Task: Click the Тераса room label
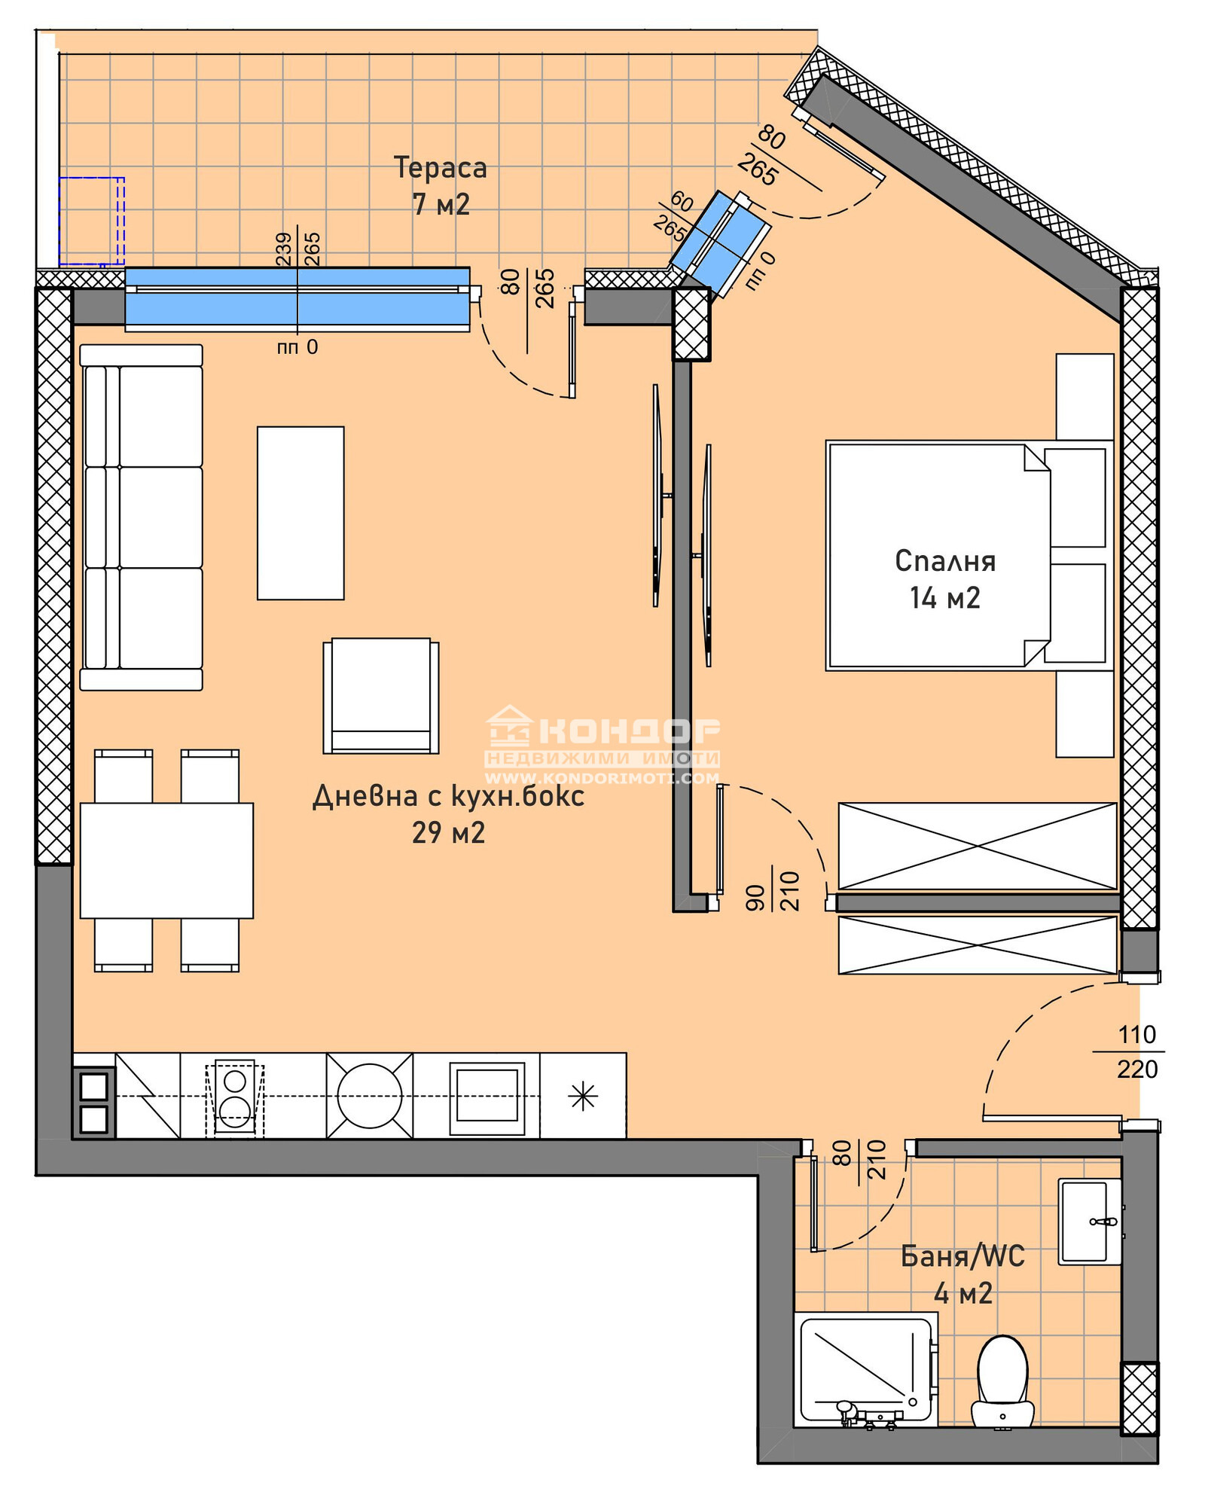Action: point(441,167)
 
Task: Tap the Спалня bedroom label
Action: point(945,561)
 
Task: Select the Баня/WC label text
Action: point(962,1256)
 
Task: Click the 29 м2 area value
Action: point(448,832)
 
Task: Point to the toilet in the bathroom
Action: point(1002,1381)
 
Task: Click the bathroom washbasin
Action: point(1090,1221)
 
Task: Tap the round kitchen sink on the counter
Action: point(370,1095)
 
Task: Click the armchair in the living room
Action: point(381,696)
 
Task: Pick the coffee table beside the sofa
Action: point(300,513)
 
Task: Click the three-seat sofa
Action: point(142,517)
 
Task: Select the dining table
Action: point(166,860)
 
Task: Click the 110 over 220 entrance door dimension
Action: point(1136,1051)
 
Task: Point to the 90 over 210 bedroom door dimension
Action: point(773,891)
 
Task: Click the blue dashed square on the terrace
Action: point(92,221)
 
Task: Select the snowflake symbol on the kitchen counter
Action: point(583,1096)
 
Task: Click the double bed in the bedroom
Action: point(970,555)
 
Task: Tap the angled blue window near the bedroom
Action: point(719,243)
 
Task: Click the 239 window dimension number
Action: point(283,249)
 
